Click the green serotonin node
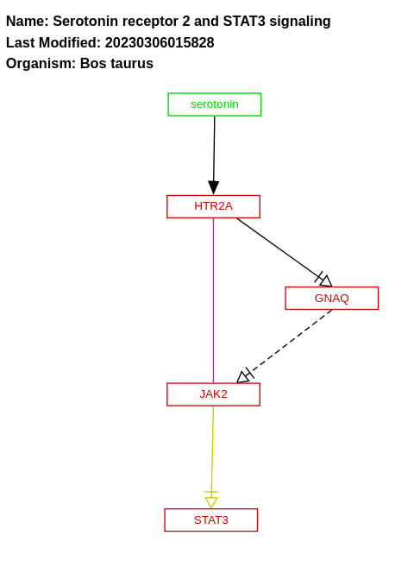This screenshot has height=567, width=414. point(214,104)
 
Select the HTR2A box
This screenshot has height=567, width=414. point(213,206)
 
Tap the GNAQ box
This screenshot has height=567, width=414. point(331,298)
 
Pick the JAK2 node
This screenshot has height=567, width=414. point(213,394)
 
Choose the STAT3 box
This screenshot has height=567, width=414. point(210,520)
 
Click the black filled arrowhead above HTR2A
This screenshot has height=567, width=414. point(214,187)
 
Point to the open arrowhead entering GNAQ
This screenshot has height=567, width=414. point(325,280)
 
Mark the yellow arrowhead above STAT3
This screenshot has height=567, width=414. point(211,501)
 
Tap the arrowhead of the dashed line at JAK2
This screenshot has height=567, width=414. point(243,376)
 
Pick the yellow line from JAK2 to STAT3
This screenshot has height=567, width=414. point(212,449)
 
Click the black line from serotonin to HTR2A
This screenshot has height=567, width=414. point(214,147)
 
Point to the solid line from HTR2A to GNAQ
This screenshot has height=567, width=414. point(276,246)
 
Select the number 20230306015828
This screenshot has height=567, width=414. point(160,42)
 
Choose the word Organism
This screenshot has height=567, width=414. point(41,63)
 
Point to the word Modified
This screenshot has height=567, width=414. point(70,42)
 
